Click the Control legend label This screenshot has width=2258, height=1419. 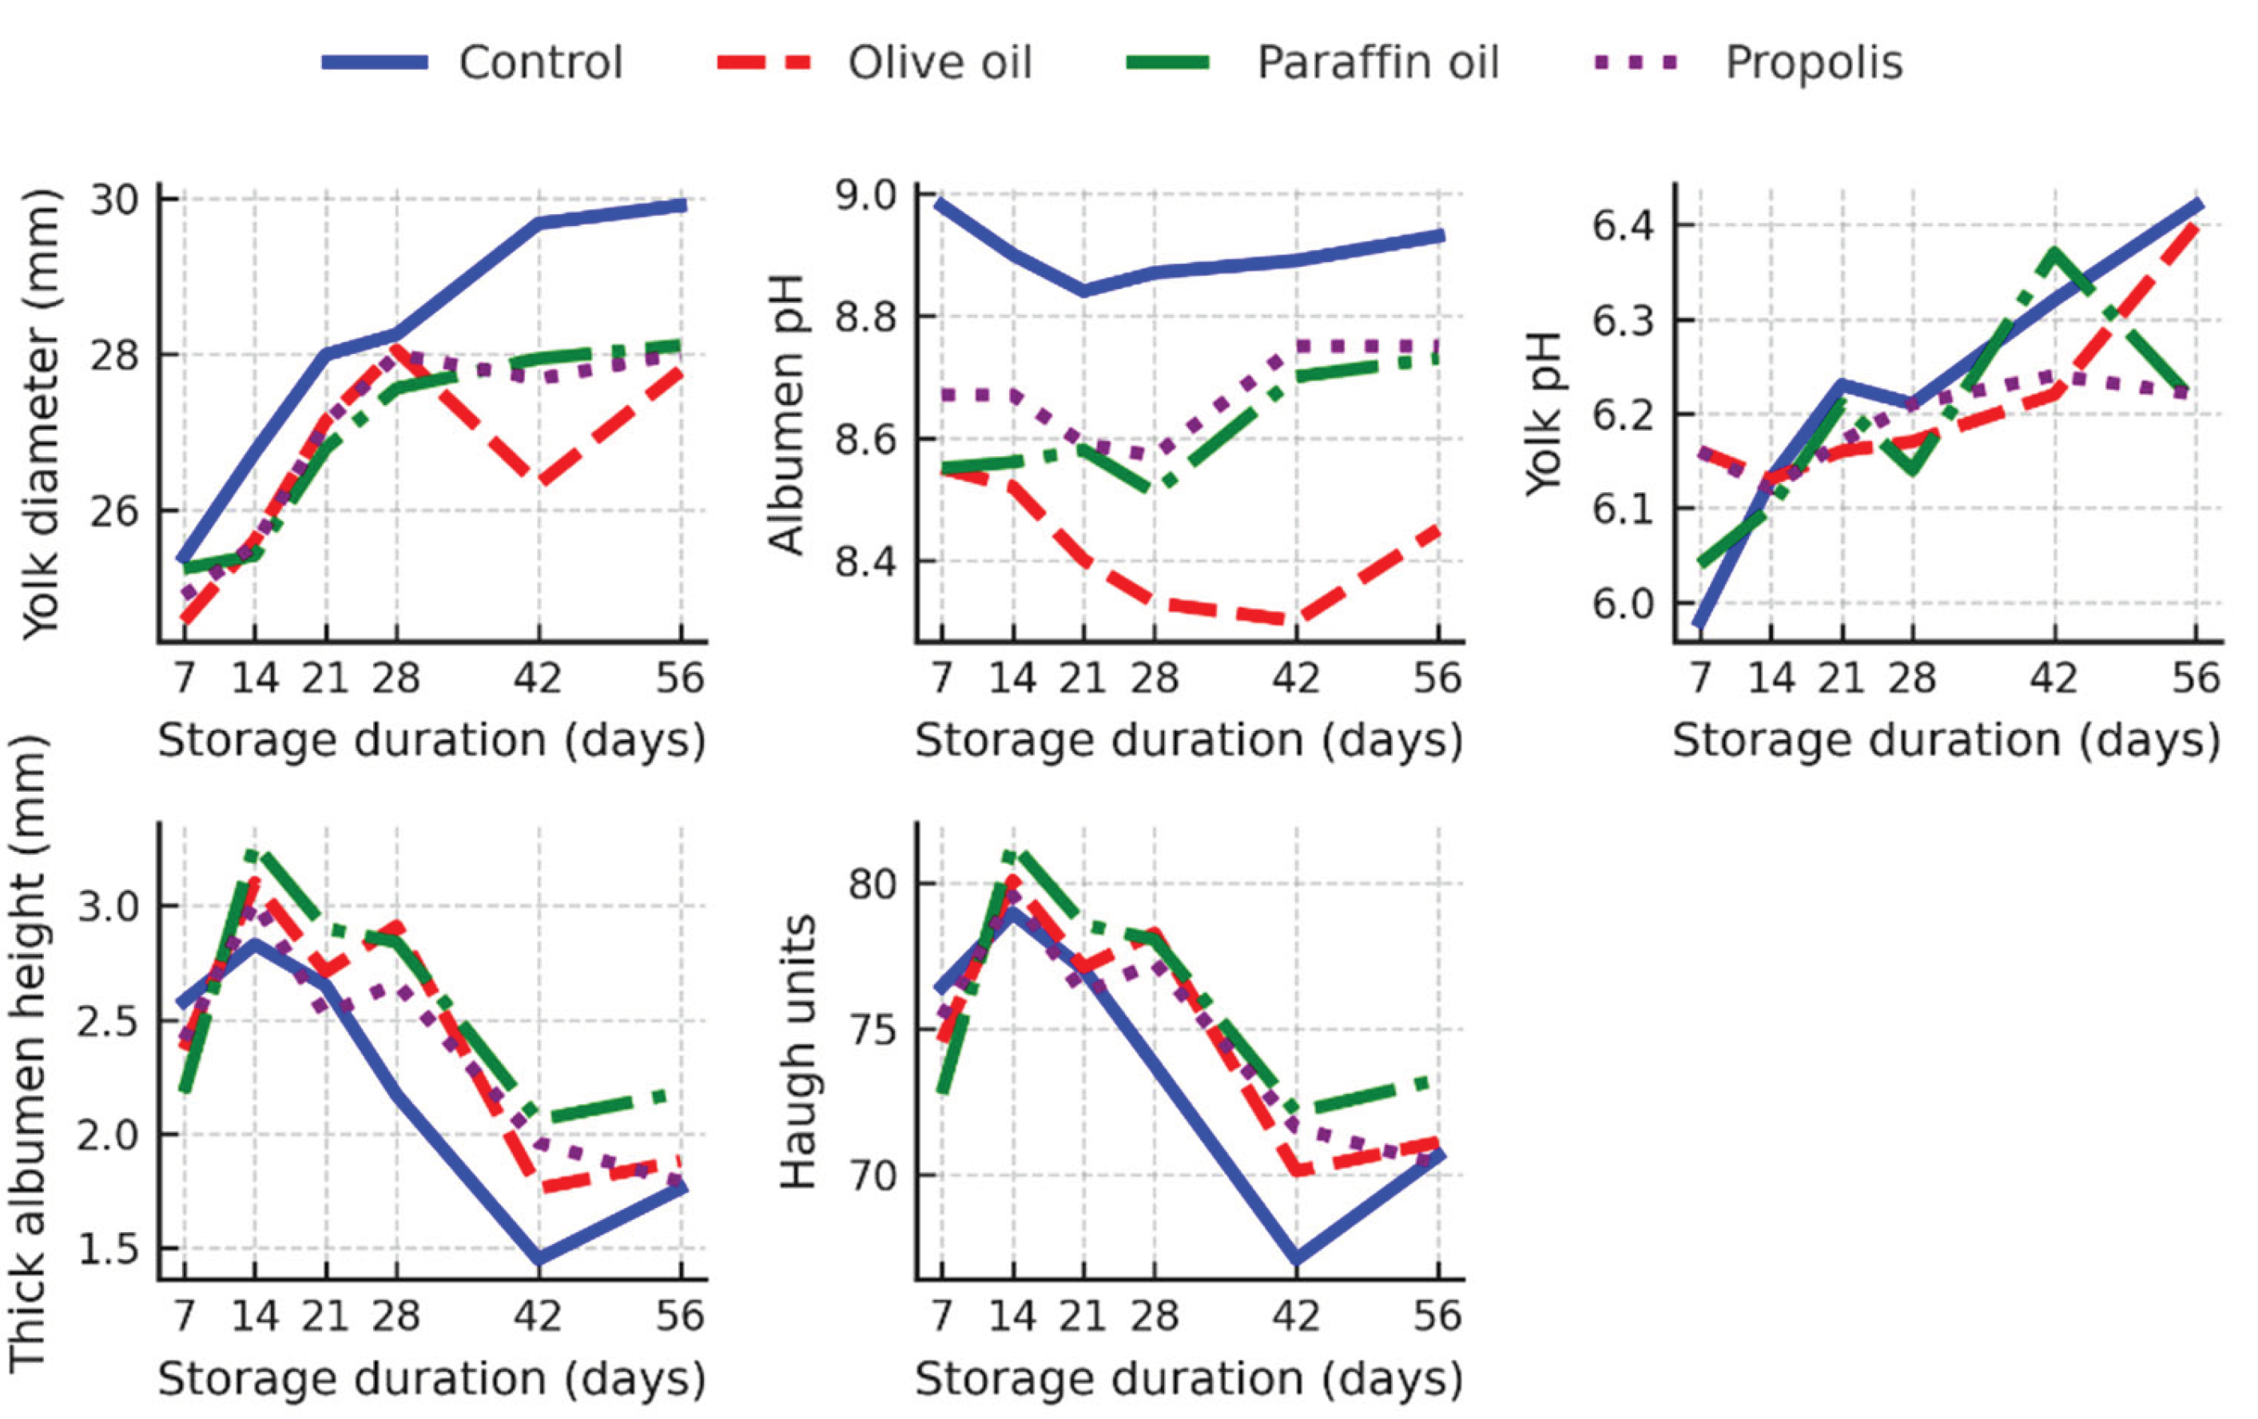540,63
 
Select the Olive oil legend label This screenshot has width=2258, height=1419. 940,63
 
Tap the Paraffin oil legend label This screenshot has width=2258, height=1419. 1377,63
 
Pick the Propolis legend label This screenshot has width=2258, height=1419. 1814,63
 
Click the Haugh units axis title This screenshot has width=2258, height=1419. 798,1052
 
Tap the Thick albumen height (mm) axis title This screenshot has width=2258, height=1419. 28,1052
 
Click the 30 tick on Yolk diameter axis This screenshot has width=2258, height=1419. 113,199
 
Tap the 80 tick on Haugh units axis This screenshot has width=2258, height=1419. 871,884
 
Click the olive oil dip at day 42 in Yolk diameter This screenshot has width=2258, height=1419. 539,481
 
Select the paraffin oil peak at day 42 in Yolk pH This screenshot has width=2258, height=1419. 2054,253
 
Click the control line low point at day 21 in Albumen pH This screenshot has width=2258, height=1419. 1084,291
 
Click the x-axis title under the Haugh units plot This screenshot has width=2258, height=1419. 1189,1380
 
